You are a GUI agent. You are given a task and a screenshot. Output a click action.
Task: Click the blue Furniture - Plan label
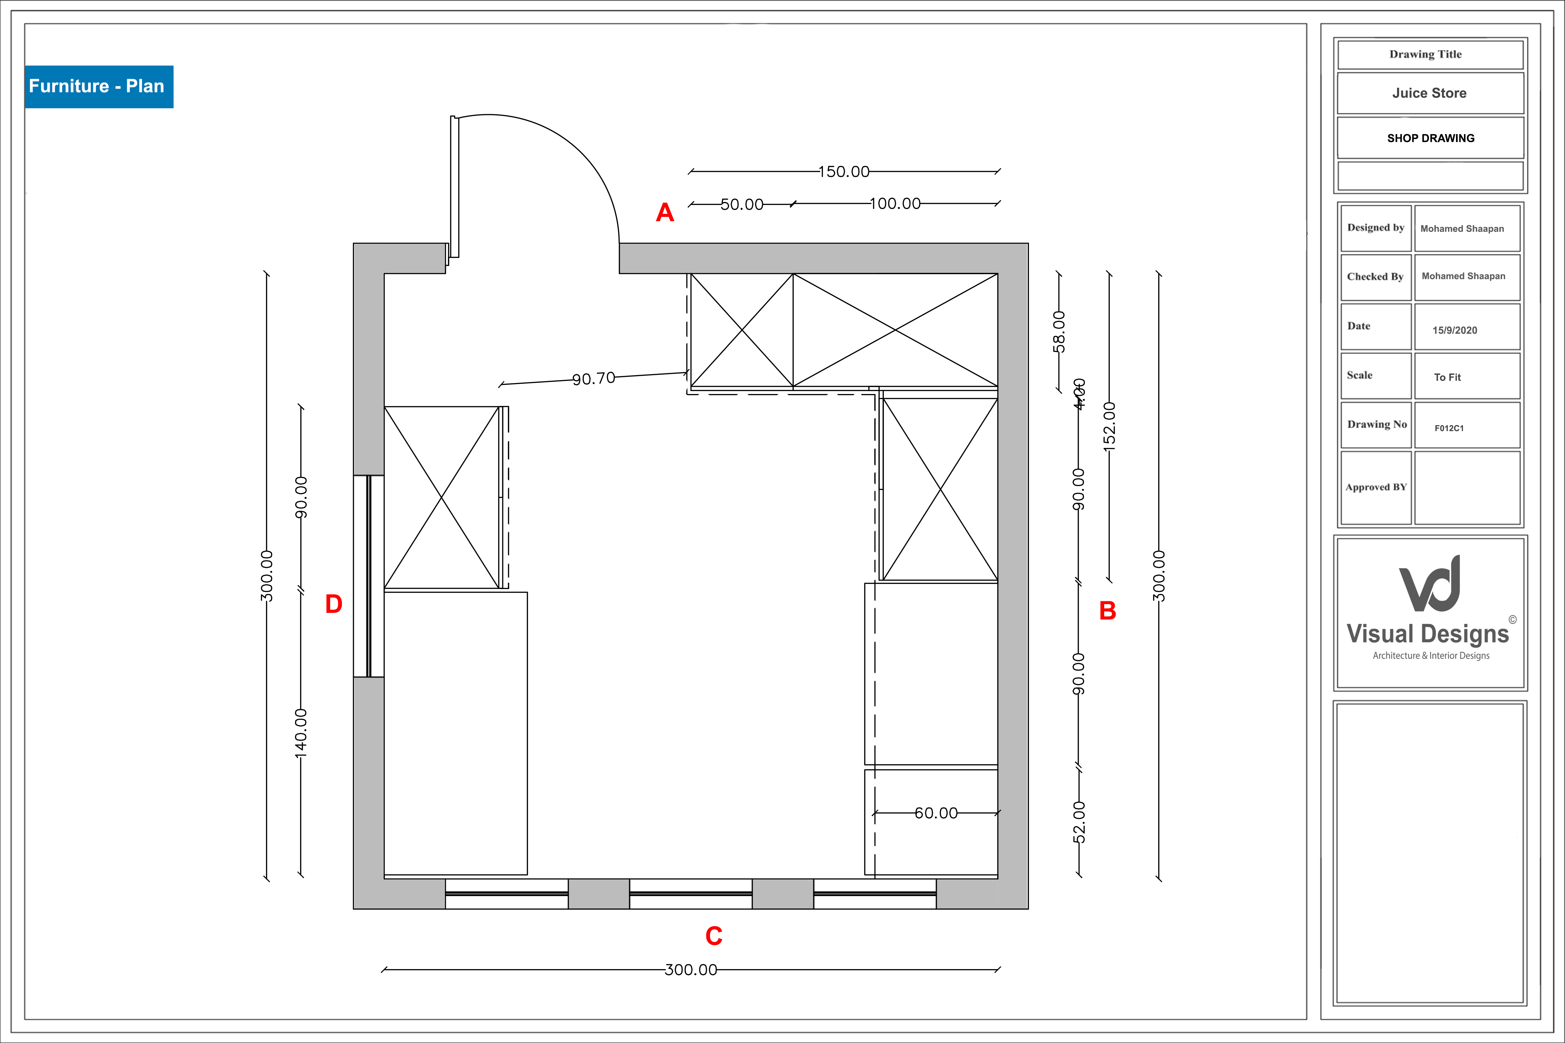[98, 86]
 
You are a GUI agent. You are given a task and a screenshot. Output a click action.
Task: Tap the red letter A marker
[665, 213]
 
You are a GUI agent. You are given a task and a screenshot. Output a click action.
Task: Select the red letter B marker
[1107, 611]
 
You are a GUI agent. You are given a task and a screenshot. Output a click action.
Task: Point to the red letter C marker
[713, 936]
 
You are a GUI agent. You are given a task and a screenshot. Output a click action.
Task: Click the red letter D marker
[333, 604]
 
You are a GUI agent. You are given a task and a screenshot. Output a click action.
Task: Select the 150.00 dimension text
[843, 172]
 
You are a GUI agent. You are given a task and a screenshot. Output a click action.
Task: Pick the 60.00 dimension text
[936, 813]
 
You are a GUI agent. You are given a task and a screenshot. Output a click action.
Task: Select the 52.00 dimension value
[1079, 822]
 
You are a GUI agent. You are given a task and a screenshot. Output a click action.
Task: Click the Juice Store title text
[1429, 93]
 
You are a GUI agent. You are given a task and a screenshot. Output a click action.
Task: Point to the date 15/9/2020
[1455, 330]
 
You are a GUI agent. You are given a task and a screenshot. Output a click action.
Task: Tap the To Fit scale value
[1447, 377]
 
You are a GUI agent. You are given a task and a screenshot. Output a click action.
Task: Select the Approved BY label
[1376, 487]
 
